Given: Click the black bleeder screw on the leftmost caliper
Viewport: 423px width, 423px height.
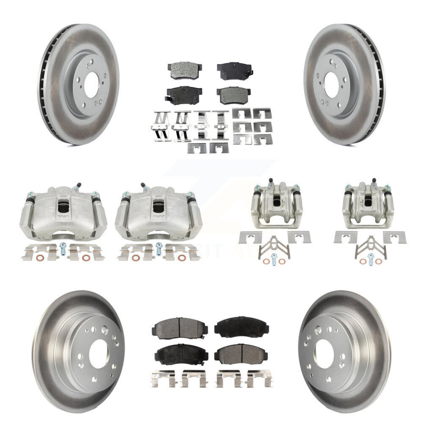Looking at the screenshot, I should point(79,186).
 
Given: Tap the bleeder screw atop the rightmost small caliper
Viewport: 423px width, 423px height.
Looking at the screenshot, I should point(374,182).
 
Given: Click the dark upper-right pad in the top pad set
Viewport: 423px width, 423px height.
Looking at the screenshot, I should point(234,70).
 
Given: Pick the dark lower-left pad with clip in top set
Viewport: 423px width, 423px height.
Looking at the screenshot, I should point(184,94).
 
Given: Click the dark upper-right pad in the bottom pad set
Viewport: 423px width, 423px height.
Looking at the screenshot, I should point(242,327).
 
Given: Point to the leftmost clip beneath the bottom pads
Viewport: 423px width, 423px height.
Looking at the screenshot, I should point(163,378).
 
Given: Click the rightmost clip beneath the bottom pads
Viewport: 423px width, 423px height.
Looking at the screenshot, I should point(259,378).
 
